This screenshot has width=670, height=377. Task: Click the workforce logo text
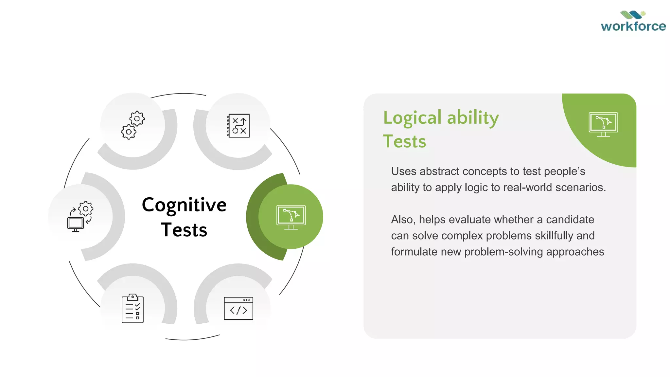click(633, 26)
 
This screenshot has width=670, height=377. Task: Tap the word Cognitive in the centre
click(184, 205)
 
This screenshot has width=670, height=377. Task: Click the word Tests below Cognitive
click(184, 230)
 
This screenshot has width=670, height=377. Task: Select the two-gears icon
click(133, 125)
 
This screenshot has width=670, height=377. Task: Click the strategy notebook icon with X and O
click(238, 126)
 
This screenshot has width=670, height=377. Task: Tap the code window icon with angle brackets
click(238, 308)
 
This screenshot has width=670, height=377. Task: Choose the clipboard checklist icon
click(132, 308)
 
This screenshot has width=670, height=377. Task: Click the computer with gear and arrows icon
click(80, 217)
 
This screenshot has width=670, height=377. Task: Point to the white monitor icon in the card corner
click(603, 124)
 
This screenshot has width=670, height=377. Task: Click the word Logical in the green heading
click(412, 118)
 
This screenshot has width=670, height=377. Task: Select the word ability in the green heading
click(473, 118)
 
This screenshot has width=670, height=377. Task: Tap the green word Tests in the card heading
click(404, 142)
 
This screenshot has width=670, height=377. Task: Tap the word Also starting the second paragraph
click(403, 220)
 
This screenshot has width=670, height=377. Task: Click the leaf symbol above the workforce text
click(633, 15)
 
